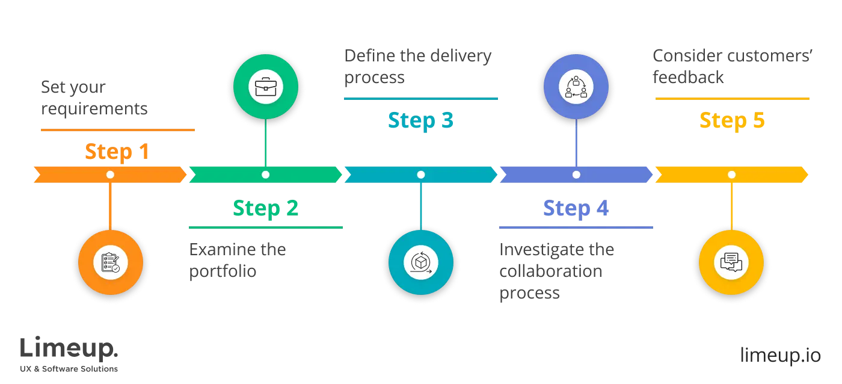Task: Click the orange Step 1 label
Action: [x=117, y=151]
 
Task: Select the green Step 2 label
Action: [x=265, y=208]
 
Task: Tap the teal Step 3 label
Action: [x=420, y=120]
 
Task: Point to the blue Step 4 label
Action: [x=576, y=208]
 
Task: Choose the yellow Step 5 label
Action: [x=731, y=120]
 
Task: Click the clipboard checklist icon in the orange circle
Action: [x=110, y=262]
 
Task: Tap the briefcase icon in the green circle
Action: [x=265, y=87]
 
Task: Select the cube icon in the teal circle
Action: [x=421, y=262]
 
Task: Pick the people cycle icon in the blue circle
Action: [x=576, y=87]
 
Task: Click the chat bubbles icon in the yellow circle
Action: [x=731, y=262]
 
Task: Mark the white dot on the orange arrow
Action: [x=110, y=175]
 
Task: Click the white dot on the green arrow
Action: [x=265, y=175]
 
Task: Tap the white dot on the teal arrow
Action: [x=421, y=175]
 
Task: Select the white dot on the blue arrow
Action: [x=576, y=175]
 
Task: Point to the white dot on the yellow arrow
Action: [x=731, y=175]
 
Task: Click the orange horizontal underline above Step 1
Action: [x=117, y=129]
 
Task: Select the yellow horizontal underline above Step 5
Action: [x=733, y=99]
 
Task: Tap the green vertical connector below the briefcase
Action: [x=265, y=141]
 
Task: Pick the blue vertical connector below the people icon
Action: [x=576, y=141]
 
